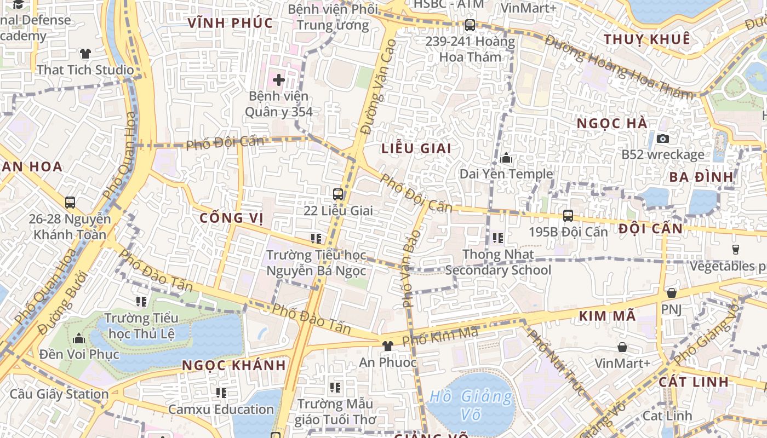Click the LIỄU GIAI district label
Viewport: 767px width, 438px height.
416,148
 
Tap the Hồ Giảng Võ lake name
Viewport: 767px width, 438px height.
471,405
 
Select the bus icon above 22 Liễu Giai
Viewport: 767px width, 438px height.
338,194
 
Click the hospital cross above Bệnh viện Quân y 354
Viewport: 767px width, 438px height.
279,80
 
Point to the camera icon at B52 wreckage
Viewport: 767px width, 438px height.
662,139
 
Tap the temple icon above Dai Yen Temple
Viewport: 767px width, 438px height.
506,158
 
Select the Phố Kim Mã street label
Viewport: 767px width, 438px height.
440,336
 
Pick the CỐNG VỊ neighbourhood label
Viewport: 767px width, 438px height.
231,218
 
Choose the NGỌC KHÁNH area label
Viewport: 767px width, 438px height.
234,365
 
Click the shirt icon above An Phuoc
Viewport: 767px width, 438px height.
388,345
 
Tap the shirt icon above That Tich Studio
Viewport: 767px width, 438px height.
85,54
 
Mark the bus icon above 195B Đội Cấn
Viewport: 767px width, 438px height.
568,216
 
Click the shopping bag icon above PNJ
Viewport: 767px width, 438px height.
671,293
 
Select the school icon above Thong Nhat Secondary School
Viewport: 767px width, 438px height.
498,238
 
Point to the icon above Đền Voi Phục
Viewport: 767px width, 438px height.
79,338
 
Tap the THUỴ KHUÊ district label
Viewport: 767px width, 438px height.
646,39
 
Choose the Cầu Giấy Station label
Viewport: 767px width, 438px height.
59,394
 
